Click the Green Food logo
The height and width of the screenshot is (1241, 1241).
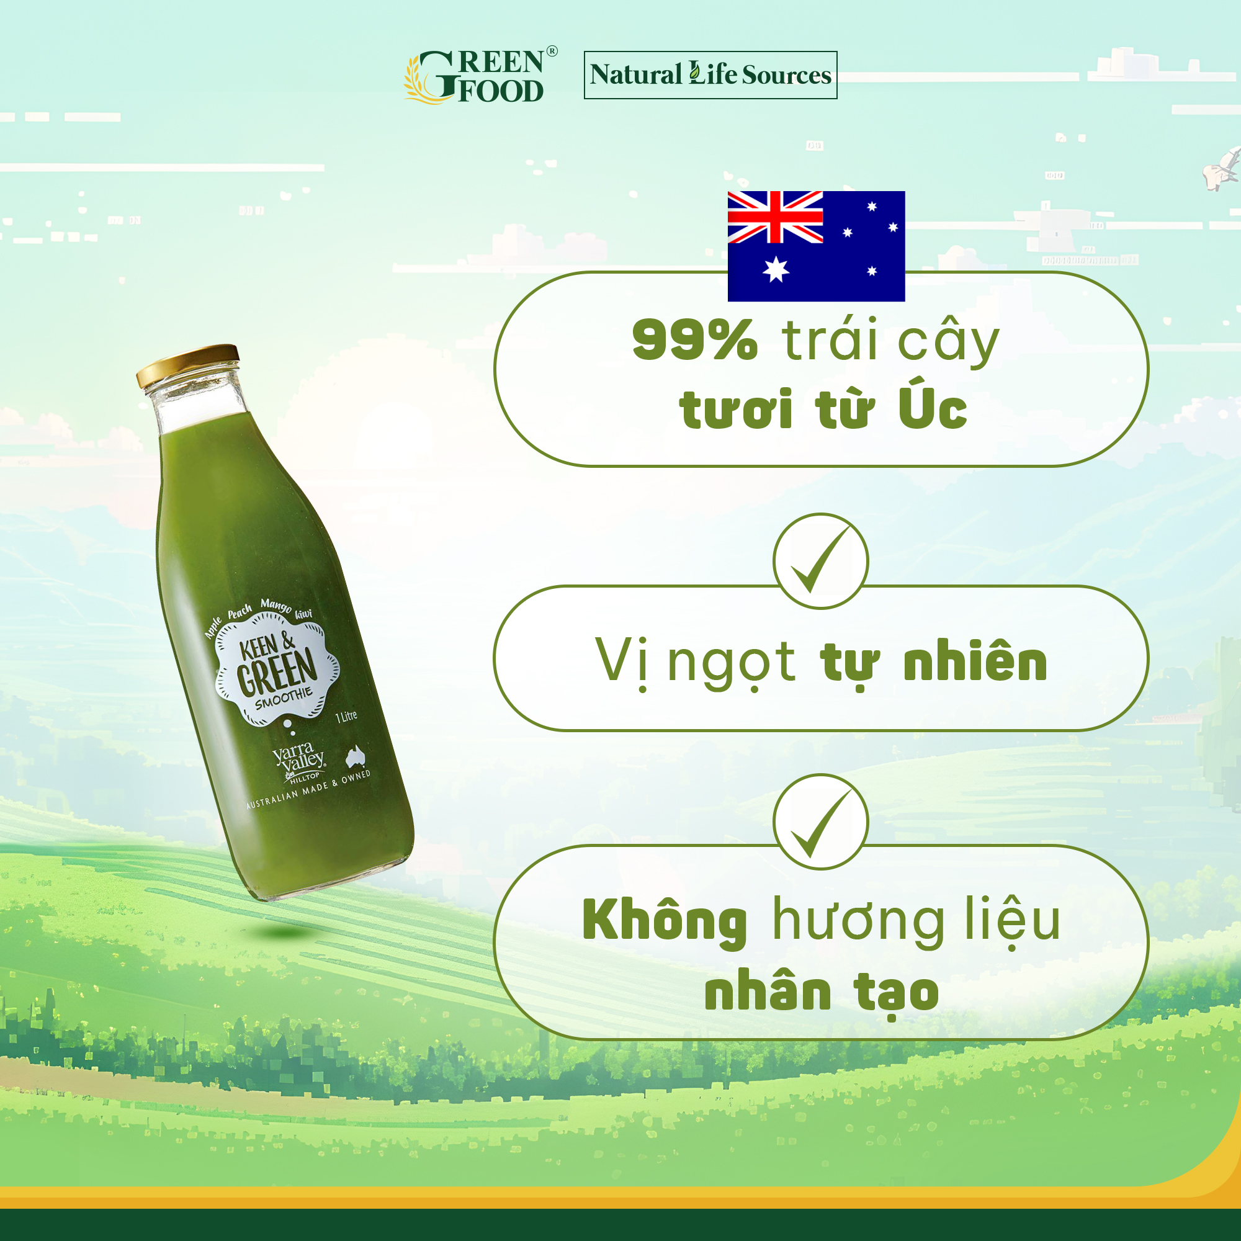tap(480, 76)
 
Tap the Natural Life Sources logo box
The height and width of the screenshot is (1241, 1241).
tap(710, 75)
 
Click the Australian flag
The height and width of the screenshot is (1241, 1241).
tap(816, 246)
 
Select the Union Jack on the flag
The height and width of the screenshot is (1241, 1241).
tap(774, 217)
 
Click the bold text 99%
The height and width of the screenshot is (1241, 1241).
tap(694, 340)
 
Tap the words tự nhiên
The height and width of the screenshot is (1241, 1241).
tap(933, 663)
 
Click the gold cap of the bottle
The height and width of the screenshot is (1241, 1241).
tap(187, 365)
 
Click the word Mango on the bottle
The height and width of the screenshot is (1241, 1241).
tap(276, 605)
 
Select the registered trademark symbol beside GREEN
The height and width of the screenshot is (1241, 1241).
tap(552, 51)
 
